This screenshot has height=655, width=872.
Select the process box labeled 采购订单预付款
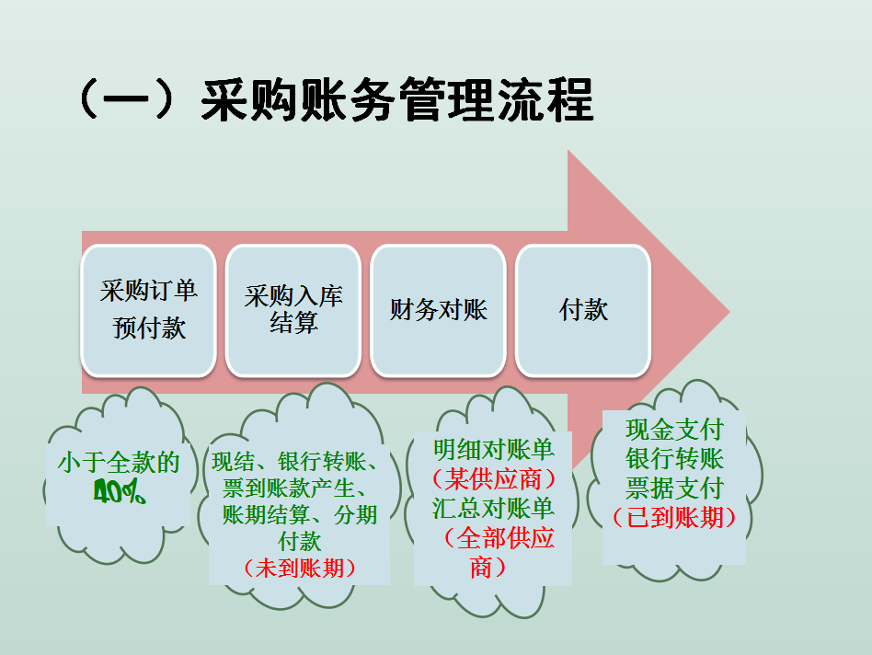(x=148, y=310)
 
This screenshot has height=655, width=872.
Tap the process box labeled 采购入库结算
(x=293, y=310)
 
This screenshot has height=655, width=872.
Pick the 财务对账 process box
(x=438, y=310)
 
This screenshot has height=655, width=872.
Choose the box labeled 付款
(x=583, y=310)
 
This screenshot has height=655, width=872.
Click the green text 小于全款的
(x=119, y=463)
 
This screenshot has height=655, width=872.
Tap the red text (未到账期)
(x=300, y=568)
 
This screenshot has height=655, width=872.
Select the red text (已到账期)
(x=674, y=517)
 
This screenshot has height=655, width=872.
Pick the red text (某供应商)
(x=494, y=479)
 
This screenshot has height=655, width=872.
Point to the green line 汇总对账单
(x=494, y=509)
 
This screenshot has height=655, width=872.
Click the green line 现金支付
(x=674, y=430)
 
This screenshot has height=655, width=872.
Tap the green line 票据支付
(x=674, y=488)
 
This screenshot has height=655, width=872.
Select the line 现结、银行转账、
(x=300, y=462)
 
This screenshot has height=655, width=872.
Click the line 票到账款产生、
(x=300, y=488)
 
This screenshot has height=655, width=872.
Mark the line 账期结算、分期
(x=300, y=515)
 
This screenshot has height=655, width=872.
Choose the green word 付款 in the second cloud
(x=300, y=542)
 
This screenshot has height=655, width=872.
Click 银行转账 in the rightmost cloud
(x=674, y=458)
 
